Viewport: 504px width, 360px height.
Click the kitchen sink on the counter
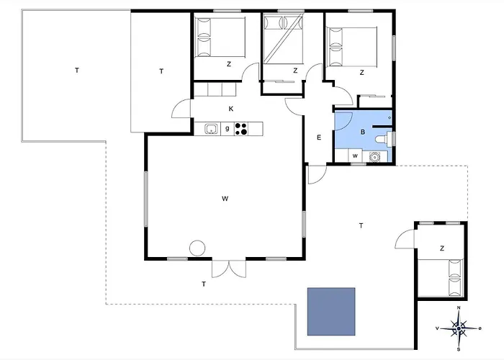pos(211,129)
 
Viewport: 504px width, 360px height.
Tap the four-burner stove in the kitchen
pos(241,129)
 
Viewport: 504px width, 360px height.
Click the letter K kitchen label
pos(231,109)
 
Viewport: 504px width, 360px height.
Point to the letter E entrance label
pos(319,138)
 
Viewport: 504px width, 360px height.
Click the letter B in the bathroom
pos(363,132)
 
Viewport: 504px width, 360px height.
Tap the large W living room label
pos(225,199)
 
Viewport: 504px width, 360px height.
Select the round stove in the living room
pos(197,248)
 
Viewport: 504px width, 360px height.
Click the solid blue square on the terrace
pos(331,312)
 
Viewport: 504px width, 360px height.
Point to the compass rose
pos(459,328)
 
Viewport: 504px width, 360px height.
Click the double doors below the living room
pos(229,269)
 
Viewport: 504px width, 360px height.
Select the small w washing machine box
pos(355,156)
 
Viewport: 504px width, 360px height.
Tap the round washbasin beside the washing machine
pos(374,157)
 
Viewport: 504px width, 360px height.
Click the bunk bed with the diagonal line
pos(283,39)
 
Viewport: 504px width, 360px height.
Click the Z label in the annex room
pos(442,248)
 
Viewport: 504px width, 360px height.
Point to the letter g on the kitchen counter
pos(228,129)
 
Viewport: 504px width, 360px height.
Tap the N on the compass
pos(459,308)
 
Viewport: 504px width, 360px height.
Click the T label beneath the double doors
pos(204,284)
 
